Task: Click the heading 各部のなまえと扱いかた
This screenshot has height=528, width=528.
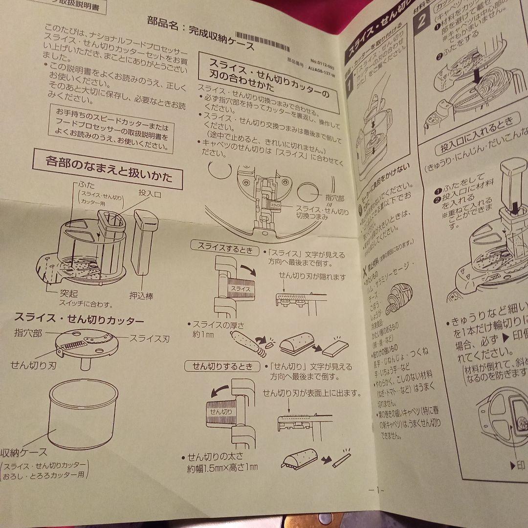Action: tap(108, 169)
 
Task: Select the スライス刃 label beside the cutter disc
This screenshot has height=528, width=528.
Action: tap(149, 338)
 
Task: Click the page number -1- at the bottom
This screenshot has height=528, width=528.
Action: tap(376, 489)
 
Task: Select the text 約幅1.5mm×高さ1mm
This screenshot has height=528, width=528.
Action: tap(222, 468)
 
